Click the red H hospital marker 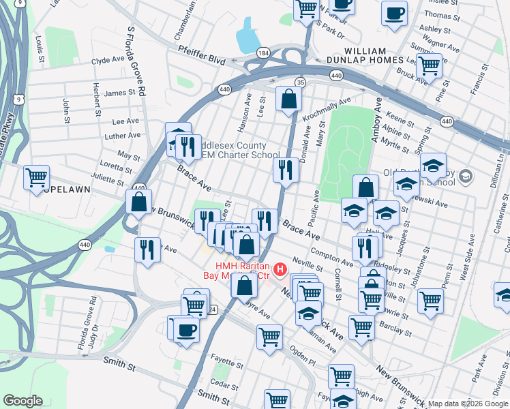pos(279,271)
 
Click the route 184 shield pos(262,52)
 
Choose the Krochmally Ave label pos(328,107)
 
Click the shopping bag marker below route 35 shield pos(288,100)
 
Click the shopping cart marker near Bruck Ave pos(429,66)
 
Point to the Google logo pos(22,401)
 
